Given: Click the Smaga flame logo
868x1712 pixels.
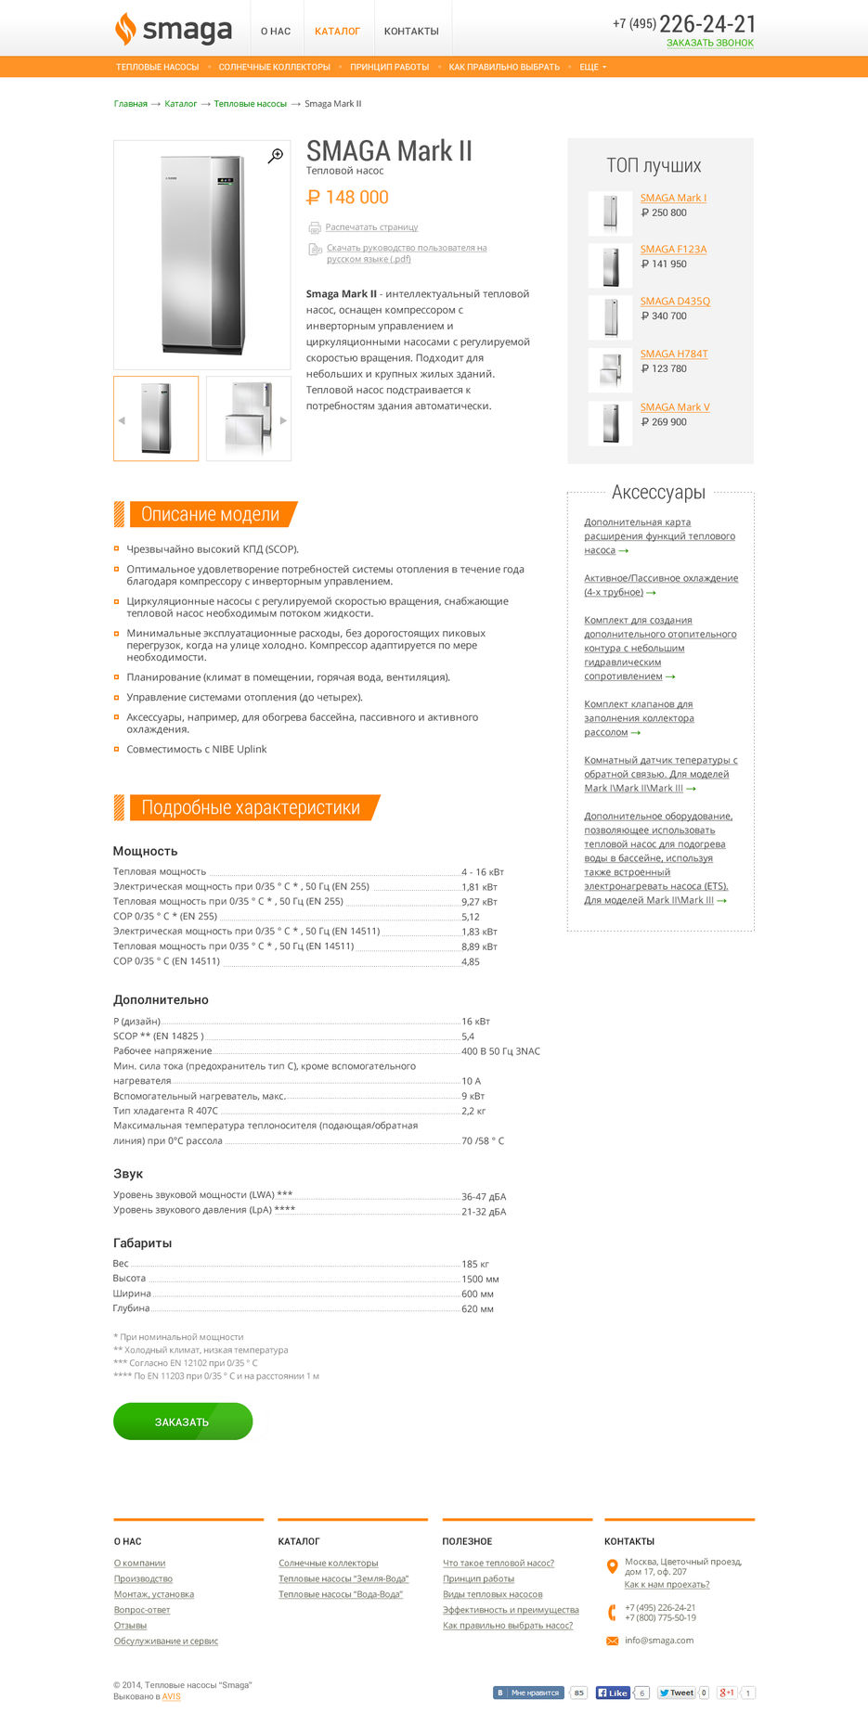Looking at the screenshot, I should tap(125, 29).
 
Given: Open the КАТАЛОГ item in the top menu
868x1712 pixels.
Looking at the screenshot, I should tap(337, 32).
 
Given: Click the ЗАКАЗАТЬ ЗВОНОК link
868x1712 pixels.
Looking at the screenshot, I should tap(709, 43).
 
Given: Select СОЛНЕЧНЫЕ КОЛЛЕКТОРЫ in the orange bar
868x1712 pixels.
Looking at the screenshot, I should tap(274, 67).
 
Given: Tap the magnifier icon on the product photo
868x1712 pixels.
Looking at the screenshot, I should tap(276, 156).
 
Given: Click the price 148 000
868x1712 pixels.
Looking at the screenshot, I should tap(347, 198).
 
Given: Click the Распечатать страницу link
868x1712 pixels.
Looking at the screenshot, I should tap(371, 227).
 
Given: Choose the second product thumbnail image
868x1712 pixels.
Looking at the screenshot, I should tap(248, 418).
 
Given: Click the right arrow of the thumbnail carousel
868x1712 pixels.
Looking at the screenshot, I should tap(283, 420).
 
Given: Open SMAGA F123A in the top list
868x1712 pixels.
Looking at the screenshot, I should tap(673, 249).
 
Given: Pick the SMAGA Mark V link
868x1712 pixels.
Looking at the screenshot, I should tap(675, 407).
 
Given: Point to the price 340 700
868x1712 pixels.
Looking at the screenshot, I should tap(664, 316).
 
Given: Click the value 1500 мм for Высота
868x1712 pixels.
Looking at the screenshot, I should tap(480, 1279).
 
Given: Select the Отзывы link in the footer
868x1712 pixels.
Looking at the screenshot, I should tap(130, 1625).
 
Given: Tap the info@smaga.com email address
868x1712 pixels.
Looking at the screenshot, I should tap(659, 1640).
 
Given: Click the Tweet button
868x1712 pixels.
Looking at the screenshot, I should tap(677, 1693).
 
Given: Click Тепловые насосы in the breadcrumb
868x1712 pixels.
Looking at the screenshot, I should tap(250, 104).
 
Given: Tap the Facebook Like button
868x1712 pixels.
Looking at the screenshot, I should tap(613, 1693).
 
